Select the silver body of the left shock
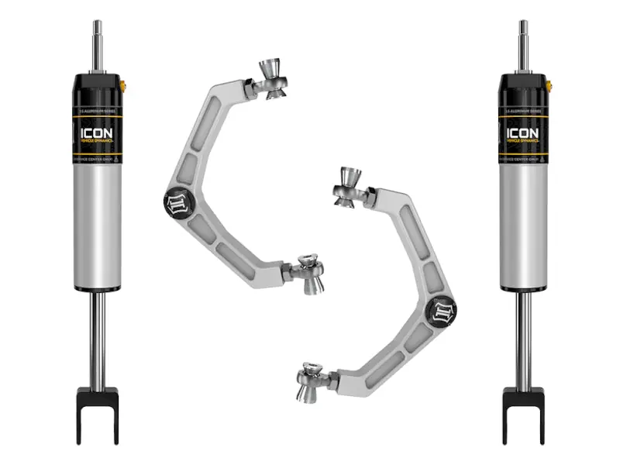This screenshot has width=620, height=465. click(x=97, y=225)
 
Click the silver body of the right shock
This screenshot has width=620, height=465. click(x=523, y=225)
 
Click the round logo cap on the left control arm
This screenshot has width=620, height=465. click(x=174, y=204)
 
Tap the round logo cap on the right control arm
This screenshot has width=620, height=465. click(x=445, y=309)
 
